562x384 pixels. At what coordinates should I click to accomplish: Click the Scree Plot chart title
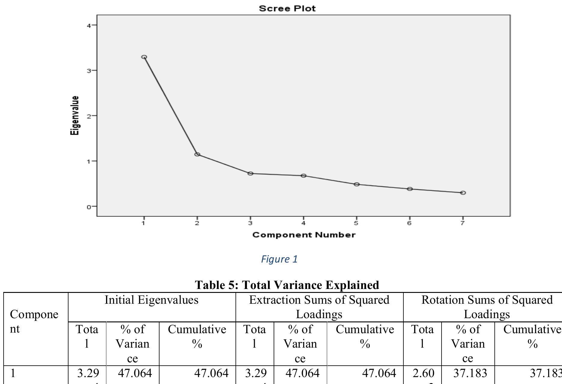click(287, 8)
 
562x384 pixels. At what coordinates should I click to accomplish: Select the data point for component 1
click(144, 57)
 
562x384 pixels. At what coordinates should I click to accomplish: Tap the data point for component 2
click(197, 154)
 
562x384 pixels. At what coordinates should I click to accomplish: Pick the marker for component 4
click(303, 176)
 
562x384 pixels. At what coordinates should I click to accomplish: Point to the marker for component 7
click(463, 193)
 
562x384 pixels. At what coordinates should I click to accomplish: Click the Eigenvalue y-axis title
click(75, 115)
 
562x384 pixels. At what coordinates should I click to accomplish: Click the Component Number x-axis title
click(304, 235)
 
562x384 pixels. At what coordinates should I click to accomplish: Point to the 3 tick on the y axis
click(89, 71)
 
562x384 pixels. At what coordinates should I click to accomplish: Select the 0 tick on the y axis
click(89, 207)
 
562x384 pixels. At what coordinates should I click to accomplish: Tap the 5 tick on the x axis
click(356, 223)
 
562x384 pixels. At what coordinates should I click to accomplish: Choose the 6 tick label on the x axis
click(409, 223)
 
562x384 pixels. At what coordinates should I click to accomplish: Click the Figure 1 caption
click(279, 259)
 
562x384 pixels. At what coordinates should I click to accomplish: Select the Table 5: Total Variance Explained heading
click(287, 285)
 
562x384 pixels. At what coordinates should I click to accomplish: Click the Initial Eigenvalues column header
click(151, 300)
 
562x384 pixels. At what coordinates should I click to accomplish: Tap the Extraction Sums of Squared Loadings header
click(319, 307)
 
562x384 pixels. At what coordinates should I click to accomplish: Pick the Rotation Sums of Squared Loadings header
click(487, 307)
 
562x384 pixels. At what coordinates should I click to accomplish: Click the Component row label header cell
click(34, 321)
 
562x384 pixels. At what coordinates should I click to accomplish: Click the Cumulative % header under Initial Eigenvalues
click(197, 336)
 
